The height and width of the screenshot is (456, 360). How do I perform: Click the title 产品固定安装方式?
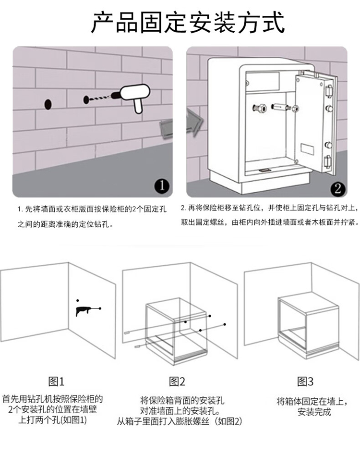point(188,22)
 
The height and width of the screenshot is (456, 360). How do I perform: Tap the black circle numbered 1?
point(162,186)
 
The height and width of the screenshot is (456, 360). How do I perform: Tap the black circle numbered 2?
point(337,189)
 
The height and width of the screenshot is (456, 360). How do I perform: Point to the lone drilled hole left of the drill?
point(48,104)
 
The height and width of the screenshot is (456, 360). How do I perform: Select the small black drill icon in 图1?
point(85,311)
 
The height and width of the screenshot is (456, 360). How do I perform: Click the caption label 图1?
point(56,382)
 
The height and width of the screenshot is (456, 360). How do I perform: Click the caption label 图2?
point(177,382)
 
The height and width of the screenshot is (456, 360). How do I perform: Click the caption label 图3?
point(306,382)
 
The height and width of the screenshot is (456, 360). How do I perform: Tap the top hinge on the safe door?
point(329,91)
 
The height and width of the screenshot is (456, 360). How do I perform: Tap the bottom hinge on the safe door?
point(328,162)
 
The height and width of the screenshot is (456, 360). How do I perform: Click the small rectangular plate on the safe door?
point(307,149)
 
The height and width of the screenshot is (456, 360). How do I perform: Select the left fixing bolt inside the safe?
point(259,109)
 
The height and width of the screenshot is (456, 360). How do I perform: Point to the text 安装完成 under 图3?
point(314,412)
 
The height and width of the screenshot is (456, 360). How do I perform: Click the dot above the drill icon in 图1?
point(78,300)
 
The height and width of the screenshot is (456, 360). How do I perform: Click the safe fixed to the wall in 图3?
point(308,326)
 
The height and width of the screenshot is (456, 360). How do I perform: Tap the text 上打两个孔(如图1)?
point(53,420)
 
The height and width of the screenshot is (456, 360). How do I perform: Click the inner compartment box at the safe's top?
point(263,81)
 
